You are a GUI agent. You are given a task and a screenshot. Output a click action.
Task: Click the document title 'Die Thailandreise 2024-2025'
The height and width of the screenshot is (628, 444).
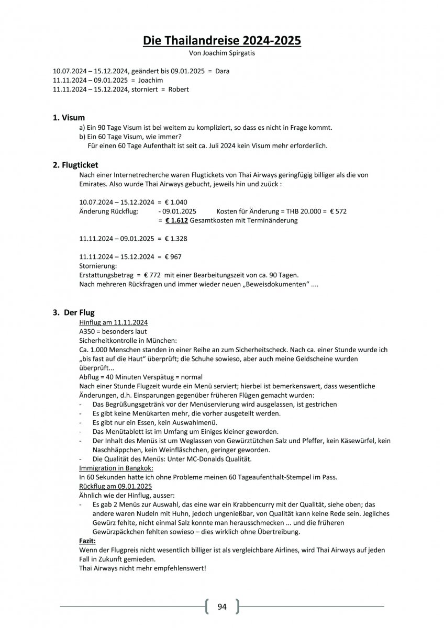222,40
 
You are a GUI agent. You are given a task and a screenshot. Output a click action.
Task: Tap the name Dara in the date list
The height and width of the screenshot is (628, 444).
222,71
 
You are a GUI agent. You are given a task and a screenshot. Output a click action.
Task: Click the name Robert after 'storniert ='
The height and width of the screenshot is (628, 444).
178,89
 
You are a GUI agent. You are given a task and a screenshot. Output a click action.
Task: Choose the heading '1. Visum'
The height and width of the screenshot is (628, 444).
69,118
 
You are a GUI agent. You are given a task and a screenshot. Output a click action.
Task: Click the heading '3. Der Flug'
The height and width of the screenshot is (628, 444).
74,312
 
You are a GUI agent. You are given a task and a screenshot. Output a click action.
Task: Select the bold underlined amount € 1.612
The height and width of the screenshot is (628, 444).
176,220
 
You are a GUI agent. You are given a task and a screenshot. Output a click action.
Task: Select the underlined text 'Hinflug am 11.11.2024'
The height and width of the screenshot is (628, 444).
113,322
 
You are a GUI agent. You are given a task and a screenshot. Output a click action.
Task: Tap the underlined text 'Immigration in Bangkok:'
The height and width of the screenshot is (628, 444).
113,467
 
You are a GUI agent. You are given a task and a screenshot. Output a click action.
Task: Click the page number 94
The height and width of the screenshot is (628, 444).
222,607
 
